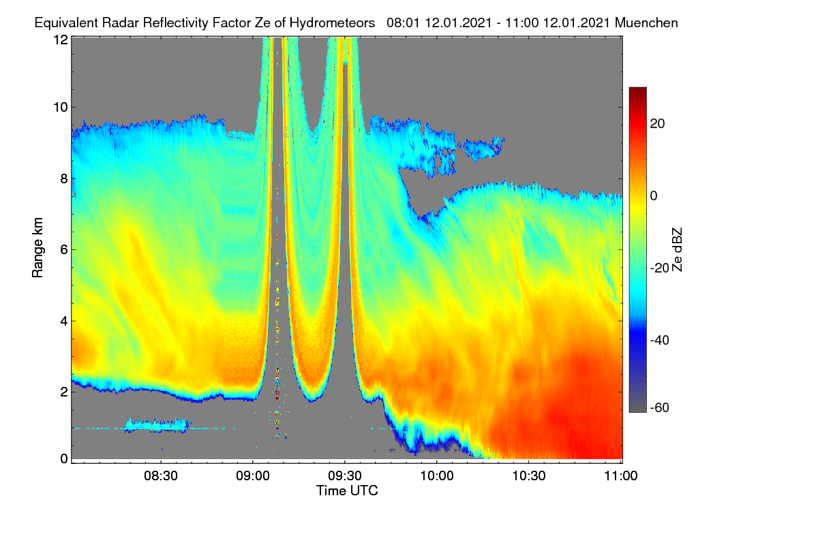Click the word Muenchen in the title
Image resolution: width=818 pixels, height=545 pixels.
(x=646, y=22)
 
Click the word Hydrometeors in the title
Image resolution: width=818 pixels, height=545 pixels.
(x=332, y=23)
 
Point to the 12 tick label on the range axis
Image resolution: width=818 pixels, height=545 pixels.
(x=61, y=40)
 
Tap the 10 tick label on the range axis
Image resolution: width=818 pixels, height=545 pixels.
(x=61, y=108)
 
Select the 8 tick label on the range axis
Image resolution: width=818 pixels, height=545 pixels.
(x=64, y=179)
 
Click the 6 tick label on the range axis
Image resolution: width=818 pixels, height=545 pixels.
(x=64, y=250)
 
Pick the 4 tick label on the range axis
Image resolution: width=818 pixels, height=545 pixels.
(x=64, y=322)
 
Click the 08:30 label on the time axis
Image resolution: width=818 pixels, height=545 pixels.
(x=161, y=476)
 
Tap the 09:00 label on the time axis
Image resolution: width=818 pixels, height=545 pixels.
(x=253, y=476)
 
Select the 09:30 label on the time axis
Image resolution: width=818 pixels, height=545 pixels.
(x=345, y=476)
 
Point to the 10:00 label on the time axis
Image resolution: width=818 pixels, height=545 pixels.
(x=437, y=476)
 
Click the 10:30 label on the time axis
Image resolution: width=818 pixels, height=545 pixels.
(x=529, y=476)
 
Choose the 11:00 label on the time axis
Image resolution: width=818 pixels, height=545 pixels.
(x=621, y=476)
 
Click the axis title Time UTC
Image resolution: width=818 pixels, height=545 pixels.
(x=347, y=490)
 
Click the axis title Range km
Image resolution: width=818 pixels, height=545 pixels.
(x=37, y=247)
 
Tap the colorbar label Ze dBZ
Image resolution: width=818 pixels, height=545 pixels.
(x=677, y=250)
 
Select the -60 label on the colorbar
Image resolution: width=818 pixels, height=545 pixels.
(x=660, y=408)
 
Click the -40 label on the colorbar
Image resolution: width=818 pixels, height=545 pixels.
(x=660, y=340)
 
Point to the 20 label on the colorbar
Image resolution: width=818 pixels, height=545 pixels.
(x=657, y=124)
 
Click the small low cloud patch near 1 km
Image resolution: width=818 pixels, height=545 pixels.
(x=157, y=425)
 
